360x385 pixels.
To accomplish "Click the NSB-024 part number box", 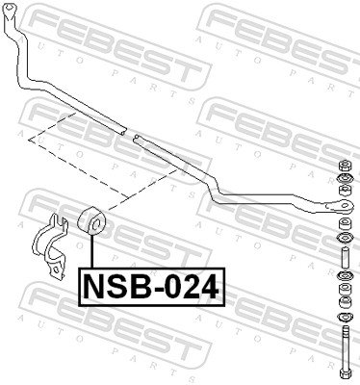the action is click(149, 286).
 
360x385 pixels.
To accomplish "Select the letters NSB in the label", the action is click(112, 286).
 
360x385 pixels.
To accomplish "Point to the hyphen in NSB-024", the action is click(153, 287).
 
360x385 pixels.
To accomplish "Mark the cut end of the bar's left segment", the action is click(122, 129).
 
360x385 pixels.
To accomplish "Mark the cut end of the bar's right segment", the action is click(139, 138).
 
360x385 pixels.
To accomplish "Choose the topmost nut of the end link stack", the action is click(343, 166).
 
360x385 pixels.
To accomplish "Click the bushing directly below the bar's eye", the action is click(342, 222).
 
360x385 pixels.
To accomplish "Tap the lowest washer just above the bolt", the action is click(342, 319).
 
